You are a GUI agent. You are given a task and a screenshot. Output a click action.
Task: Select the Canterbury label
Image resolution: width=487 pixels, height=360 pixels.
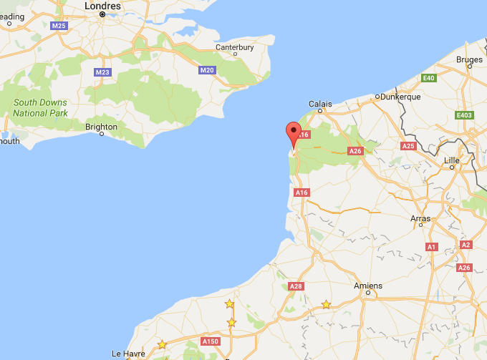(x=234, y=48)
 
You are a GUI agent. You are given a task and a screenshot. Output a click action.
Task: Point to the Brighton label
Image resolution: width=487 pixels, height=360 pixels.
(x=101, y=127)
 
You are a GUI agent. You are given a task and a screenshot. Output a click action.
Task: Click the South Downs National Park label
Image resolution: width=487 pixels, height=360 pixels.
(x=40, y=108)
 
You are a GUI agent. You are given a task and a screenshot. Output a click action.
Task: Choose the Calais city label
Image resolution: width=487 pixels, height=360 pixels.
(x=320, y=104)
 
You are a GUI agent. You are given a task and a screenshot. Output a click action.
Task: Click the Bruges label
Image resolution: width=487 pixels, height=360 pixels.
(x=468, y=60)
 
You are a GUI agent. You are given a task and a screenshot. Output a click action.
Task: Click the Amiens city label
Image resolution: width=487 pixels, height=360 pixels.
(x=368, y=286)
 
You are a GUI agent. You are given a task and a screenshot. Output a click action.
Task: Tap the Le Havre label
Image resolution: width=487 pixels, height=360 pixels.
(x=128, y=354)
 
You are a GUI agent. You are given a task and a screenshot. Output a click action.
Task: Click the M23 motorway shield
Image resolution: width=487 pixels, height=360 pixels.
(x=102, y=72)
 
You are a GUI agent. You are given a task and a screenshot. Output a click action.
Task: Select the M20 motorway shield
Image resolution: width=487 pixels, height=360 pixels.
(x=207, y=70)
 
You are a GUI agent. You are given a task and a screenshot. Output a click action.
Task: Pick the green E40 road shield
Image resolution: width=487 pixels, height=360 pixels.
(x=429, y=78)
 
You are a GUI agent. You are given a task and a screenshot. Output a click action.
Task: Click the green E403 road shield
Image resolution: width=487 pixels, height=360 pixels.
(x=464, y=115)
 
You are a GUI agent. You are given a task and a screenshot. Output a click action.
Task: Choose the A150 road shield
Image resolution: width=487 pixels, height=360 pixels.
(x=211, y=341)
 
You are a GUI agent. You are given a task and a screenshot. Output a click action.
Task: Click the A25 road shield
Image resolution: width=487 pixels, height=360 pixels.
(x=408, y=146)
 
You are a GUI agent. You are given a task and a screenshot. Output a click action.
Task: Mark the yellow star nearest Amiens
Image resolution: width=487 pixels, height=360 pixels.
(x=326, y=305)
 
